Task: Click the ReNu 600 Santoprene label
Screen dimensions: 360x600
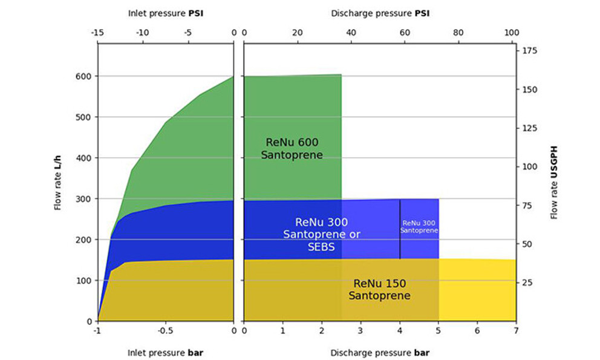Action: tap(292, 148)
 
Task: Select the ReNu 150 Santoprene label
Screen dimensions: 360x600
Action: tap(379, 289)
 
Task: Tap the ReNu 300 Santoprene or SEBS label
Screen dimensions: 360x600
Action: tap(321, 234)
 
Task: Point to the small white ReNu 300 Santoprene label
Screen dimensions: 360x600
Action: tap(419, 226)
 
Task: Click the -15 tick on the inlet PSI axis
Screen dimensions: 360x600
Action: tap(97, 33)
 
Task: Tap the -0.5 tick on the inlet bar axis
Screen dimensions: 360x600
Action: tap(165, 332)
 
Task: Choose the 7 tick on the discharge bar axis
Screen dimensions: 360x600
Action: tap(516, 332)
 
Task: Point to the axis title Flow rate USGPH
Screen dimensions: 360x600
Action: tap(554, 182)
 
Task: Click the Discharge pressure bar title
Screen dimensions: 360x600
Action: tap(379, 352)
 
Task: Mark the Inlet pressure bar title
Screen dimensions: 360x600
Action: tap(165, 352)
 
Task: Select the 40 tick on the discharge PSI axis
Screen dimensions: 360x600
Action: tap(351, 33)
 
